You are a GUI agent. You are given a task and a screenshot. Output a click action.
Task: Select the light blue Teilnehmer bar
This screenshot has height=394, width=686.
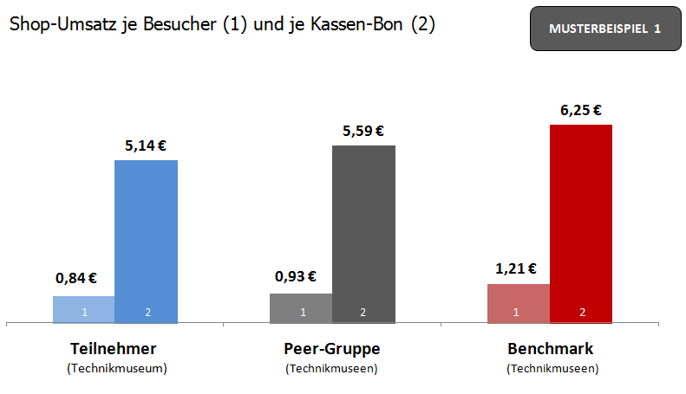[84, 309]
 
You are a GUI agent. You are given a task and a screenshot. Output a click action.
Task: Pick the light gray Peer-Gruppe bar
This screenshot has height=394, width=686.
[301, 308]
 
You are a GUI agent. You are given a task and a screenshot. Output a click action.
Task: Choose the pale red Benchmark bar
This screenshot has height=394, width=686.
[519, 303]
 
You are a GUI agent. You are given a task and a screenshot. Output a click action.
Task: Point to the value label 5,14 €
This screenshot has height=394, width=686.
[146, 145]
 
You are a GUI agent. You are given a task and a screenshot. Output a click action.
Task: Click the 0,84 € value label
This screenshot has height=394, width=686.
[76, 279]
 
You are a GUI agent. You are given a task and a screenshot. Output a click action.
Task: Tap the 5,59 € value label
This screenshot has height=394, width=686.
[363, 131]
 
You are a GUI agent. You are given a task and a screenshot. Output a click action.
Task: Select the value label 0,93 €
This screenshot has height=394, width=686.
[296, 277]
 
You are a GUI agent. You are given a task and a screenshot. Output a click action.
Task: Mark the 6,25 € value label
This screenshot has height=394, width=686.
[581, 110]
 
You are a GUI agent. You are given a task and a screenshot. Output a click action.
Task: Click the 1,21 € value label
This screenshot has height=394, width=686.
[516, 268]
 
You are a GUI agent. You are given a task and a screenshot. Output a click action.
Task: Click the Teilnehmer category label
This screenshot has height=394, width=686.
[116, 350]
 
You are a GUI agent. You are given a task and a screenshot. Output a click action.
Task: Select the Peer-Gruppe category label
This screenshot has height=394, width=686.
[332, 350]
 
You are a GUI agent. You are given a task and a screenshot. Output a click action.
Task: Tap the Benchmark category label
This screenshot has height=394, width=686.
[551, 350]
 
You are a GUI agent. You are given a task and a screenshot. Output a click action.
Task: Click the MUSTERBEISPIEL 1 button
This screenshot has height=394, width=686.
[604, 29]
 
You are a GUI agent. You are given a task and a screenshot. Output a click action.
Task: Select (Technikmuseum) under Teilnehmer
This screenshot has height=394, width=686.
[116, 368]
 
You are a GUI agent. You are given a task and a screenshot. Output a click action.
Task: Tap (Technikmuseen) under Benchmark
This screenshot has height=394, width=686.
[552, 368]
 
